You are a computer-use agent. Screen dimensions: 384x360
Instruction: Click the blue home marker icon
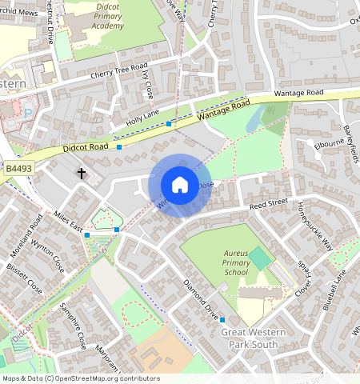(180, 186)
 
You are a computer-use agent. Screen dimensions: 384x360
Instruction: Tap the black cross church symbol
(81, 173)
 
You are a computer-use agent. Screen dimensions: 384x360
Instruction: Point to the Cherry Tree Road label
(120, 70)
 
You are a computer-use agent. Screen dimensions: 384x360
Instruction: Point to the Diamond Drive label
(200, 298)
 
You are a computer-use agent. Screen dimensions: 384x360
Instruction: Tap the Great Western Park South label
(253, 338)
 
